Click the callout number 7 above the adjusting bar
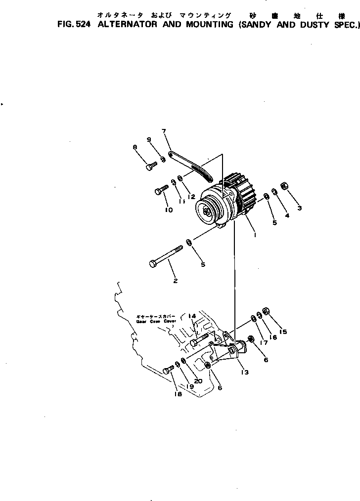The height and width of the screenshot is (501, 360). click(164, 131)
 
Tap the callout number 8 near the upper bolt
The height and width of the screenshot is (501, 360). click(134, 147)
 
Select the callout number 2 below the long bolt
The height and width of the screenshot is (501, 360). click(175, 281)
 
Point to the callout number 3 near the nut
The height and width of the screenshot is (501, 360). click(299, 208)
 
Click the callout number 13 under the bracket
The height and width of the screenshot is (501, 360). click(244, 373)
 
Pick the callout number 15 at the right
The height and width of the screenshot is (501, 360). click(283, 332)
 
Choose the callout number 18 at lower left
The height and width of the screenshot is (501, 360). click(178, 394)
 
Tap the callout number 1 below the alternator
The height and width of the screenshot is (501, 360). click(255, 235)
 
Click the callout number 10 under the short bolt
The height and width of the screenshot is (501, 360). click(169, 209)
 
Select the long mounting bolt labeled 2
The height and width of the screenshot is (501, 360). click(166, 256)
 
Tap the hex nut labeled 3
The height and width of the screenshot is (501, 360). click(284, 186)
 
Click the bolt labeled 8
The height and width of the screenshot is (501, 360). click(151, 166)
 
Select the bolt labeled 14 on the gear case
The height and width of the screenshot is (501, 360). click(199, 340)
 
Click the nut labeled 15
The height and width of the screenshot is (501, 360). click(265, 311)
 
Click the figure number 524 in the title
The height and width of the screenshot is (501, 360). click(82, 25)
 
